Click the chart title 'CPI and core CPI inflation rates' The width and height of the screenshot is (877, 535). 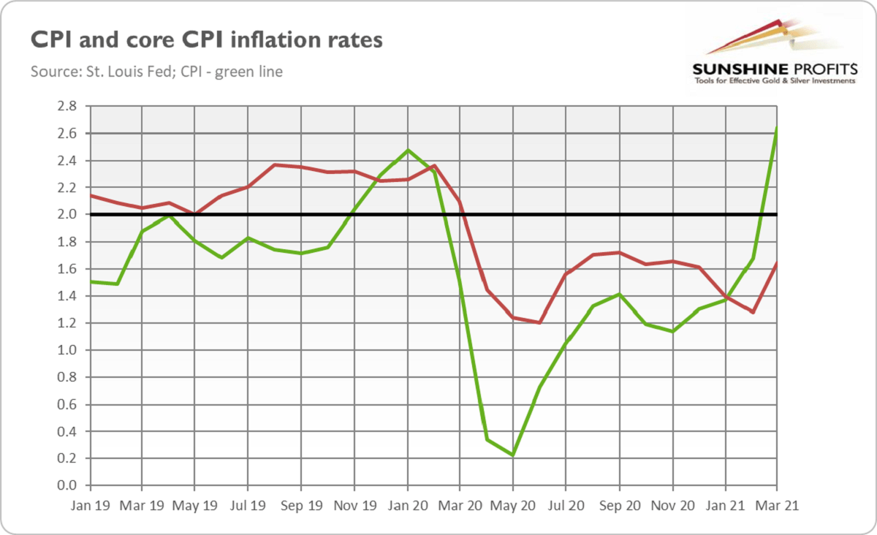click(206, 39)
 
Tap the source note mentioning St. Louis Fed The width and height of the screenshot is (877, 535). click(156, 72)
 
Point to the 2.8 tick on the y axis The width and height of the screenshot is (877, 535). click(67, 106)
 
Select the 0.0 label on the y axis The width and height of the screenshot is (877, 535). click(67, 485)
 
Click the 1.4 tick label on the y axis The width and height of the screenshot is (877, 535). click(67, 296)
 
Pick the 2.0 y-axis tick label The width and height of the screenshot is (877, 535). click(67, 215)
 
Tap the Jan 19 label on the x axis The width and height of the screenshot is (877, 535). click(88, 505)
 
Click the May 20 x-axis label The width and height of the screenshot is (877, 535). click(513, 505)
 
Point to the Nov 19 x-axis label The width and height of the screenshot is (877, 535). click(354, 505)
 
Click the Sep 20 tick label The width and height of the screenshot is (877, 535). click(619, 505)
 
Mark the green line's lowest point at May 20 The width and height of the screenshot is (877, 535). click(513, 455)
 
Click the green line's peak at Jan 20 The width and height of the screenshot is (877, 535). click(407, 150)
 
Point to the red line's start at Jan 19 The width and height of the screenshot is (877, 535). click(89, 196)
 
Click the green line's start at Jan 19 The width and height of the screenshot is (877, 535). click(89, 281)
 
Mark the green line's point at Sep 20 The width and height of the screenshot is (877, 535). click(619, 294)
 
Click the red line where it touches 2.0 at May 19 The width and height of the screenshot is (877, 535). click(195, 215)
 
